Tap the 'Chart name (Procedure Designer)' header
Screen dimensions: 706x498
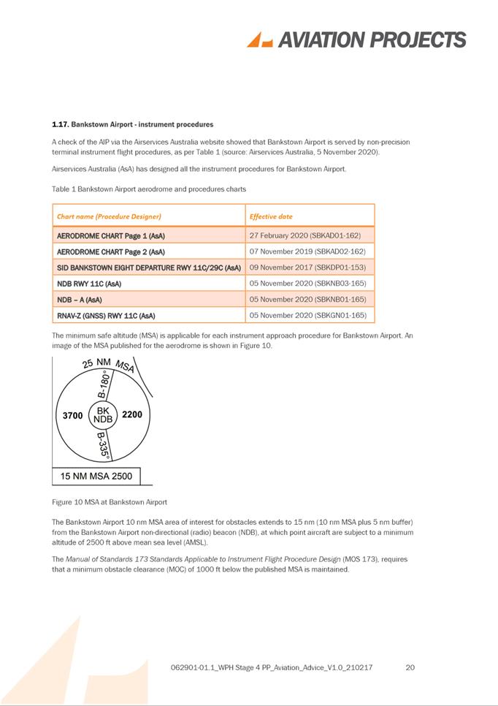click(x=109, y=216)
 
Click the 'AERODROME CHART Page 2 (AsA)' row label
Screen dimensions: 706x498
click(x=110, y=251)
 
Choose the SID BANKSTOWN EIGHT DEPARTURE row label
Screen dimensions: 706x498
click(x=149, y=267)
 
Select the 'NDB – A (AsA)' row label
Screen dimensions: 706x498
click(x=80, y=300)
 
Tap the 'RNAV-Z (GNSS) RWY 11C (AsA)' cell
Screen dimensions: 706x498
click(x=106, y=316)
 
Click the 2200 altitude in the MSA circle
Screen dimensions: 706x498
click(x=132, y=414)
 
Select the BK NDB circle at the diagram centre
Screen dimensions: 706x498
click(x=103, y=415)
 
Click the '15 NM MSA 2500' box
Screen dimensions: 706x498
click(x=96, y=476)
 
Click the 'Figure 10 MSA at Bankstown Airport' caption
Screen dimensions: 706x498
click(x=110, y=502)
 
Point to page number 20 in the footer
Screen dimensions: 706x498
click(x=410, y=667)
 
